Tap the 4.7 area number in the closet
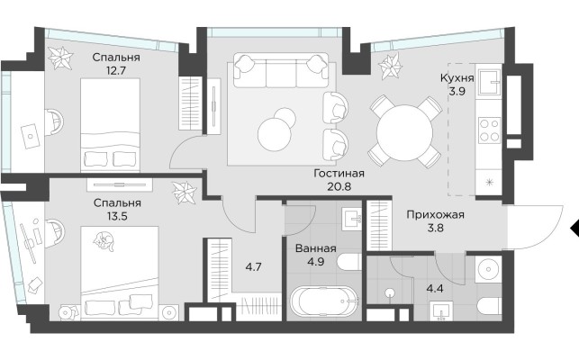point(254,266)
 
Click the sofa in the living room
point(280,67)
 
